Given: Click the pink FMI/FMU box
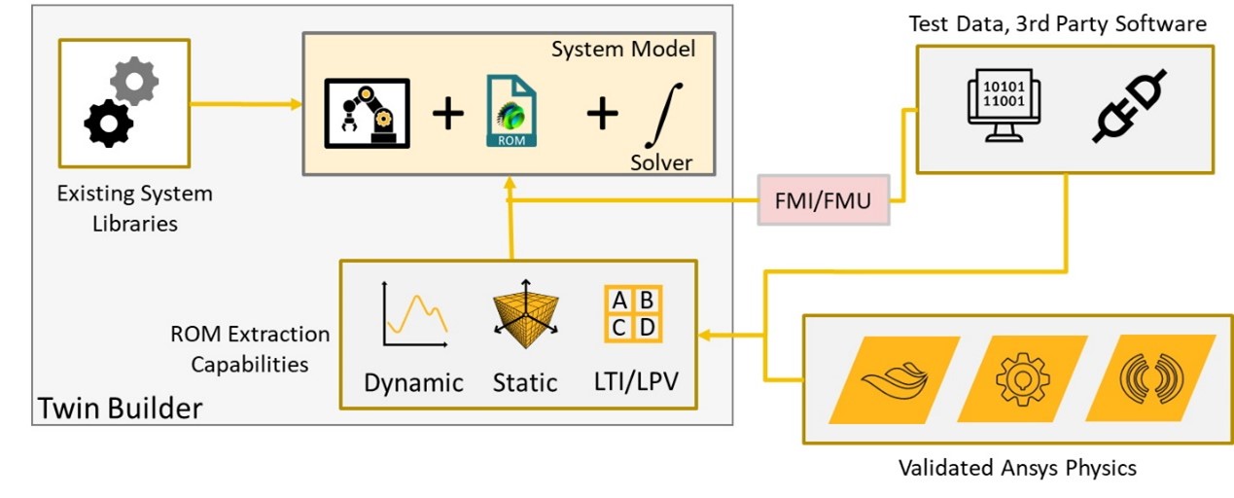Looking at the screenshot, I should pyautogui.click(x=824, y=201).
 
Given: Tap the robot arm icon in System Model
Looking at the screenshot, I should pyautogui.click(x=366, y=114).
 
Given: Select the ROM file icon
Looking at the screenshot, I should pyautogui.click(x=511, y=115).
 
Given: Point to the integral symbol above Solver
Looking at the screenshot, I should pyautogui.click(x=656, y=115).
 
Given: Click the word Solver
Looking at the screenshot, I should pyautogui.click(x=661, y=161).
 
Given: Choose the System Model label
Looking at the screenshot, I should pyautogui.click(x=623, y=49).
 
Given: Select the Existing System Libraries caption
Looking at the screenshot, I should pyautogui.click(x=135, y=208).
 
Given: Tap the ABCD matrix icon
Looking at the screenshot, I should pyautogui.click(x=632, y=313).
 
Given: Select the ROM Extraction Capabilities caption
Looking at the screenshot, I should pyautogui.click(x=250, y=349).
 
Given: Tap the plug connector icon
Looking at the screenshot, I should pyautogui.click(x=1131, y=109).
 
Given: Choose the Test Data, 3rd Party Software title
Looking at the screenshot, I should pyautogui.click(x=1058, y=23).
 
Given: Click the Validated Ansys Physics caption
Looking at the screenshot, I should pyautogui.click(x=1017, y=468).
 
